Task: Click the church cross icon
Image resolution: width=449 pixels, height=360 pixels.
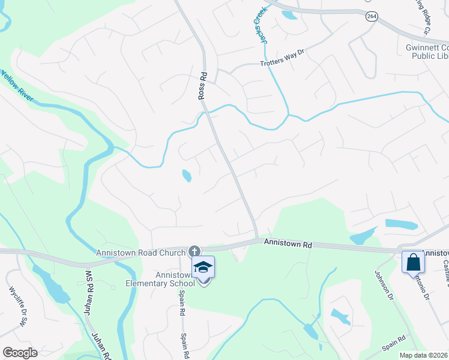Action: [194, 251]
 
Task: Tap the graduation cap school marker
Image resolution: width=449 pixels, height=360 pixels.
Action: [203, 267]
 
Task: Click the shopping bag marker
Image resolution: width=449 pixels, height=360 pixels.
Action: [413, 262]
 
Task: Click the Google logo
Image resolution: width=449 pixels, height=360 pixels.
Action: [20, 353]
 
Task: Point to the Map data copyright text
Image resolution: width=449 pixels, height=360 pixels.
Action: [423, 355]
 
